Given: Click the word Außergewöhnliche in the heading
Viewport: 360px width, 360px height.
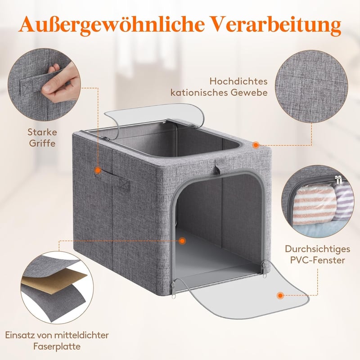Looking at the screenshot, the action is coord(111,24).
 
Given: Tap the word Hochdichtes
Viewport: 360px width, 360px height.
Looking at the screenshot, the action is coord(238,81).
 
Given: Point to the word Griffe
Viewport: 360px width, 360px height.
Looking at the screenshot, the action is coord(42,143).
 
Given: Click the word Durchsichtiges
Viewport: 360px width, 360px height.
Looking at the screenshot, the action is coord(318,249).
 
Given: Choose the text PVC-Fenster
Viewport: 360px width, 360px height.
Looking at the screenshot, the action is coord(318,261).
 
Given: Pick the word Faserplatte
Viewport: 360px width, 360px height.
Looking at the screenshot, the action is coord(57,346).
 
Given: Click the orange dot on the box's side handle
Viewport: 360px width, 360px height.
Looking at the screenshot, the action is coord(98,171).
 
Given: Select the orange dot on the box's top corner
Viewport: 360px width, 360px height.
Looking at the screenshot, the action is coord(256,145).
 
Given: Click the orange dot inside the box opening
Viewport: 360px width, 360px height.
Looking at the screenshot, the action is coord(182,241).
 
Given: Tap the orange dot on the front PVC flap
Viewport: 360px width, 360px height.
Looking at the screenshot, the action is coord(280,296).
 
